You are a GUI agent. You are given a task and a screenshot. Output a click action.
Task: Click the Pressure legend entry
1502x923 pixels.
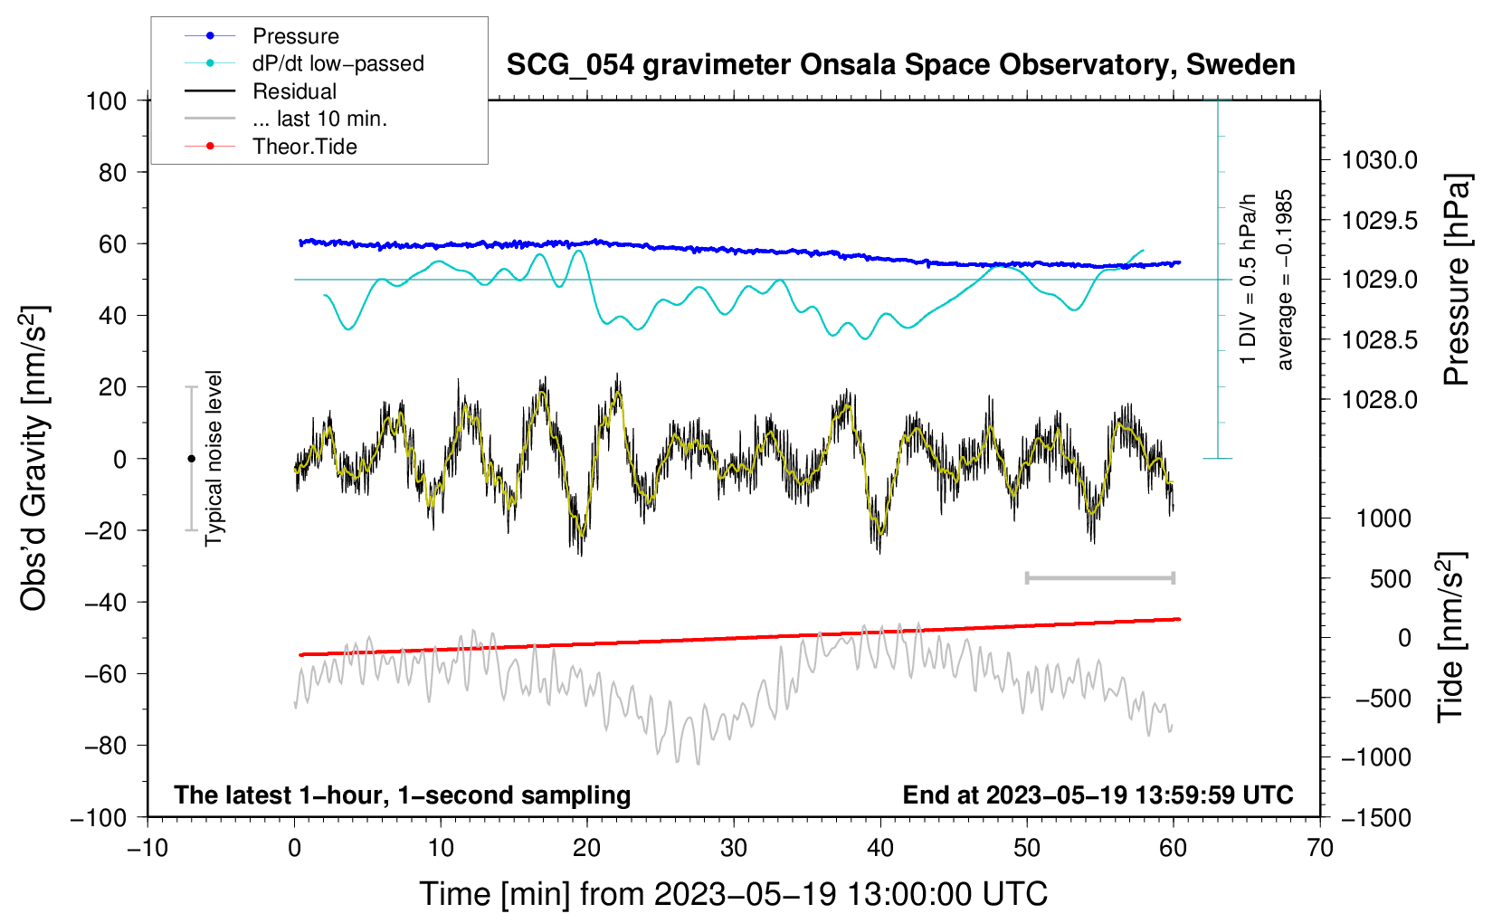point(295,36)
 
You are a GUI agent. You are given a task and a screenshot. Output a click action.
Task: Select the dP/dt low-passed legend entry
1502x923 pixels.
point(337,63)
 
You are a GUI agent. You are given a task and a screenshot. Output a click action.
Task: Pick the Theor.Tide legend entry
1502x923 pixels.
point(304,147)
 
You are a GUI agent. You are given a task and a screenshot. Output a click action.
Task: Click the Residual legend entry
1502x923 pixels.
point(294,91)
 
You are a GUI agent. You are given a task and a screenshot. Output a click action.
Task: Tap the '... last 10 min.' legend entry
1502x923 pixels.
point(319,119)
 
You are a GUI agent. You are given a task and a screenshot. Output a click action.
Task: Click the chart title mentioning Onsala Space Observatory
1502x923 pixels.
point(900,65)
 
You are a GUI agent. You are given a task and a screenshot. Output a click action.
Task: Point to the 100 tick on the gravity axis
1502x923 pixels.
point(106,100)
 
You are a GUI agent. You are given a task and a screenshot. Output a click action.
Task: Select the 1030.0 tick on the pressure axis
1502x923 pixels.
point(1379,161)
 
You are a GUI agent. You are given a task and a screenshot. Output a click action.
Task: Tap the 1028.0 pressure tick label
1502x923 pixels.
point(1379,400)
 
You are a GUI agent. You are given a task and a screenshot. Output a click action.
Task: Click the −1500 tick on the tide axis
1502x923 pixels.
point(1375,817)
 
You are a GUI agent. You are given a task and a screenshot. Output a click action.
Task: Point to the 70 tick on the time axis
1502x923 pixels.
point(1320,848)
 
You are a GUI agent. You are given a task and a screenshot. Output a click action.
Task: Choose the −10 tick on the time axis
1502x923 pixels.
point(147,848)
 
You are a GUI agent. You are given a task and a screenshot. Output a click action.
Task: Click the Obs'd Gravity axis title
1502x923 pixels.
point(33,459)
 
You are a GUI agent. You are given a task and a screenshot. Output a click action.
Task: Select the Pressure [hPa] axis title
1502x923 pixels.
point(1457,280)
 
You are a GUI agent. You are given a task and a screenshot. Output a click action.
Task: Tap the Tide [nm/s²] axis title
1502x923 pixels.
point(1450,637)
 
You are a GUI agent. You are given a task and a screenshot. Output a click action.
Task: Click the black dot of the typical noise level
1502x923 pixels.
point(192,459)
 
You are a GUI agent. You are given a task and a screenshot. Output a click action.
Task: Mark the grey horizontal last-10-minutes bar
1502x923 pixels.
point(1100,577)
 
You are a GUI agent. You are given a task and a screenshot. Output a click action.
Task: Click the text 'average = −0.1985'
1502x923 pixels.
point(1285,280)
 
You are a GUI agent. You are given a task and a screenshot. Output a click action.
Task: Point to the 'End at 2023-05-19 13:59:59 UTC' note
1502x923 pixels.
point(1098,795)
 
